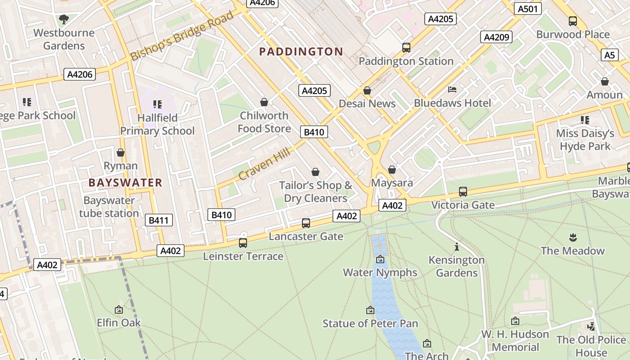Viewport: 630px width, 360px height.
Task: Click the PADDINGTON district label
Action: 301,52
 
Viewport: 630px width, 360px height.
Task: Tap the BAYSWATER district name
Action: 125,183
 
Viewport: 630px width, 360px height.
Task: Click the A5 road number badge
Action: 609,55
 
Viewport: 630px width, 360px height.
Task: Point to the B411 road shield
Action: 158,220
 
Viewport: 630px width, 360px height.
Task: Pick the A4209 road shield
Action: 496,37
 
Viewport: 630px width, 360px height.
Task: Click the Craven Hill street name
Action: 265,163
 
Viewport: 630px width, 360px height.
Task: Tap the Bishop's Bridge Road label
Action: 182,36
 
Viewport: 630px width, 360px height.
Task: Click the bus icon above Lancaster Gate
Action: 306,223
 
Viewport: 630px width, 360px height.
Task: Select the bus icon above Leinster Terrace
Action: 243,243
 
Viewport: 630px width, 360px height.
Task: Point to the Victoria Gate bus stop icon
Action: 463,192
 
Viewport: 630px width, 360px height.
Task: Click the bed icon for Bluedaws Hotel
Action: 452,90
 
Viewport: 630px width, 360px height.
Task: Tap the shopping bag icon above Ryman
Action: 121,153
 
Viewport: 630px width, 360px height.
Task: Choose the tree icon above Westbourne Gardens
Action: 63,19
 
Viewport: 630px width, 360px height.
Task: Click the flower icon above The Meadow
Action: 573,237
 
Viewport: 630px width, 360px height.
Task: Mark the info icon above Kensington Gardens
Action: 457,247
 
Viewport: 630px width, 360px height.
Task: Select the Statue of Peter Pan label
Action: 370,324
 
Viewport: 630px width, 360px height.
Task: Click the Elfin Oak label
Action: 119,323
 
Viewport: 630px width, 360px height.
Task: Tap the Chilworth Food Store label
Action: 264,122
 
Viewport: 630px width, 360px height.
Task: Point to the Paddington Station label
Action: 406,61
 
